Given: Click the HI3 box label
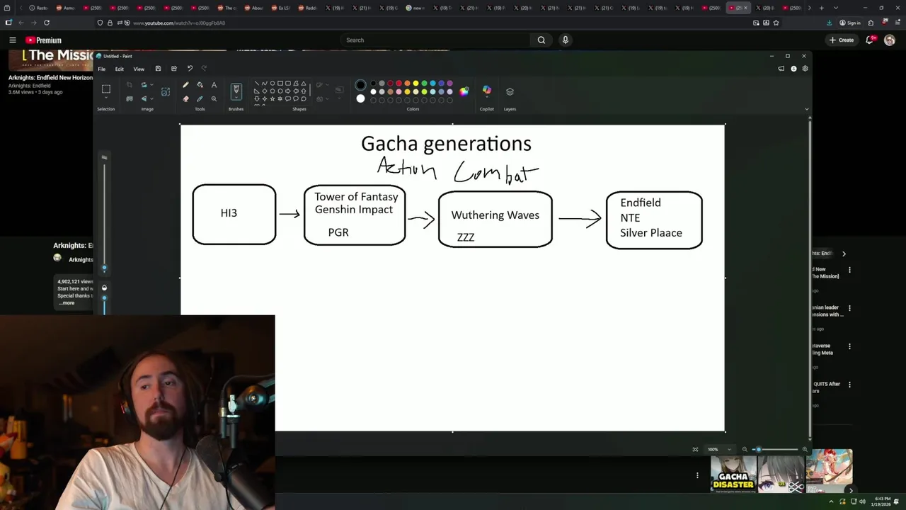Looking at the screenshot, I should pos(229,213).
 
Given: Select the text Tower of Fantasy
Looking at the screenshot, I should pos(356,197).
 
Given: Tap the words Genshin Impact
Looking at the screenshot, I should pos(354,210).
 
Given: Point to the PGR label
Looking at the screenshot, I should pos(338,232).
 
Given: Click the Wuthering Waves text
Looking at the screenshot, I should pos(495,215).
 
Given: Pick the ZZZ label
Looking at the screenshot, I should pos(466,237).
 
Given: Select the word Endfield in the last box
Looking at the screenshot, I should pos(641,203).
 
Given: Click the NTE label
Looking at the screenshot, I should pos(630,218).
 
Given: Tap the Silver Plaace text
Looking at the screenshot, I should pos(651,233).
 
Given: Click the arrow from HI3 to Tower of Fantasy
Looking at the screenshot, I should pos(289,214).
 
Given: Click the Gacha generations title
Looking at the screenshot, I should pos(446,144).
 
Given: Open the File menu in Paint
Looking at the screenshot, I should pos(102,69).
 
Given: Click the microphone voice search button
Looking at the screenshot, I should pos(565,40).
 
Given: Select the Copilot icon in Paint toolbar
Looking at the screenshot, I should pos(486,91).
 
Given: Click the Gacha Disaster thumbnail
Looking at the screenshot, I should pos(733,473).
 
